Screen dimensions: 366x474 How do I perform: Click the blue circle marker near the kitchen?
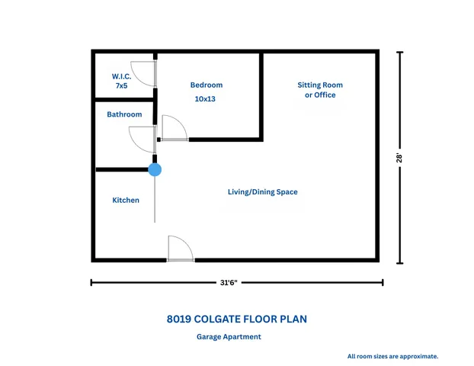155,169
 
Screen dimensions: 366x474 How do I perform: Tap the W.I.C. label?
121,76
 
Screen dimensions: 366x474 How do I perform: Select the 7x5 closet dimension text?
121,87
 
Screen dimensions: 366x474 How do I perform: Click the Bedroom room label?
207,85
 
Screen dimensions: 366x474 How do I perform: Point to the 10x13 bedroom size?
206,99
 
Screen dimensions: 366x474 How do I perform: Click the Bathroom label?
124,114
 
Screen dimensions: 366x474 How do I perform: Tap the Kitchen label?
126,200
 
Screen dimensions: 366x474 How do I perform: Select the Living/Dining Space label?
262,192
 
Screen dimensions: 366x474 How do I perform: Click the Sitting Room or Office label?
320,90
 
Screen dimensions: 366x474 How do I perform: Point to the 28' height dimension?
399,158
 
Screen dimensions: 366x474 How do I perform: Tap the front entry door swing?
180,249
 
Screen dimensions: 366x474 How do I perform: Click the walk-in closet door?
145,73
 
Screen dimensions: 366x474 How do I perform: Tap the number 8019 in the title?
179,319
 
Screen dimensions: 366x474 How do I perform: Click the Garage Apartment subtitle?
229,336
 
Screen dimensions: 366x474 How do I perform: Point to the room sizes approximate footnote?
392,356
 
